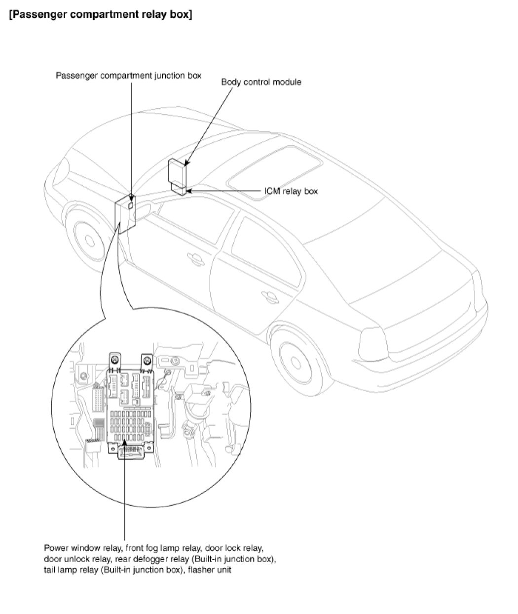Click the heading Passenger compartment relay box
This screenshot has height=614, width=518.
100,15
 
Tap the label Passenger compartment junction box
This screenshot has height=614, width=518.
128,76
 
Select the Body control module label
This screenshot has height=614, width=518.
261,82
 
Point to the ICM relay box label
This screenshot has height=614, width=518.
291,191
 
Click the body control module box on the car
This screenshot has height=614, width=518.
178,170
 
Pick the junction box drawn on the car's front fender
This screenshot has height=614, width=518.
126,212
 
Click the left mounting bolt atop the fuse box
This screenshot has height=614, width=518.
114,359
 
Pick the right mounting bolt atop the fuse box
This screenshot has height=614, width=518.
147,359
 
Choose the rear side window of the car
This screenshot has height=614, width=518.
261,249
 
